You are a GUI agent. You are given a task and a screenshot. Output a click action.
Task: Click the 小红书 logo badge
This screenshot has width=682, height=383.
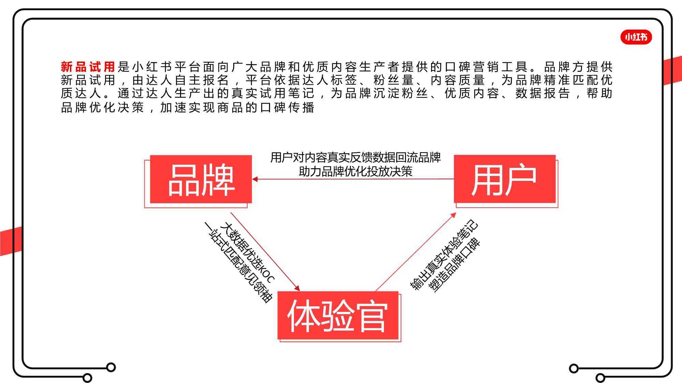point(636,37)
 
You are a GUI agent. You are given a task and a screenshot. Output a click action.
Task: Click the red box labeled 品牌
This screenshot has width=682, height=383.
point(201,179)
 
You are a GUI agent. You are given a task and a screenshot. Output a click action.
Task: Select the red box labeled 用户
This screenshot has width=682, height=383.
point(505,179)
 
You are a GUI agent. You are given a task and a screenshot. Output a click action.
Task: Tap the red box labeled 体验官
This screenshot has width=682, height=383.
point(338,316)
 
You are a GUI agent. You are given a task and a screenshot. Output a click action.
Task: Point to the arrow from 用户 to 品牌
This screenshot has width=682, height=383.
point(353,179)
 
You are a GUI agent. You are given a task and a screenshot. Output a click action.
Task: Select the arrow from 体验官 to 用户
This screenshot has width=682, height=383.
point(416,252)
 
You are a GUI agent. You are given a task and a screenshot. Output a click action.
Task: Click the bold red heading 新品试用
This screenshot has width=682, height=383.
point(88,66)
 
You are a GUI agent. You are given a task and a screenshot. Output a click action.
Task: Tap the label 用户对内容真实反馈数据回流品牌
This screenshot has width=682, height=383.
point(356,158)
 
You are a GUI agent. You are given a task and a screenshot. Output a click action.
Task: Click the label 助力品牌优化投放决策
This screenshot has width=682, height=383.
point(356,171)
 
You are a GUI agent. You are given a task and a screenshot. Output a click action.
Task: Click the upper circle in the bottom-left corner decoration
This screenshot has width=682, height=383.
point(111,367)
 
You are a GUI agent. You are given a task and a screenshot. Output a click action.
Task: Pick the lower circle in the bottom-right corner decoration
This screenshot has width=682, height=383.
point(601,378)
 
